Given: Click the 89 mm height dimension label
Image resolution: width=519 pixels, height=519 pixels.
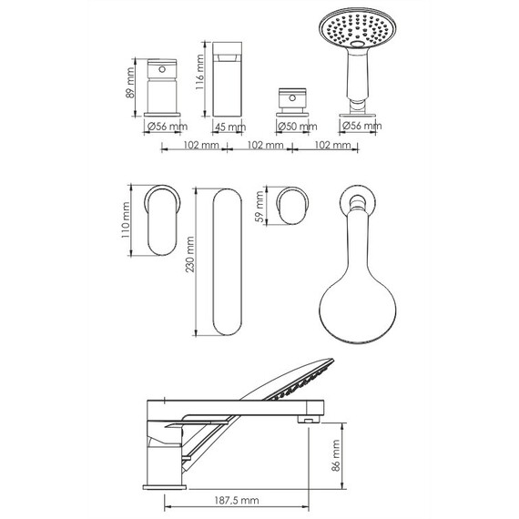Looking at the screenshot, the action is click(x=130, y=83).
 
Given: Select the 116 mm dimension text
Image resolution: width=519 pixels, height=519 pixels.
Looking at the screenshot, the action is click(x=199, y=72).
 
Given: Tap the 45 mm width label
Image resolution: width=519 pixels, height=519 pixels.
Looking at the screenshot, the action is click(x=230, y=127).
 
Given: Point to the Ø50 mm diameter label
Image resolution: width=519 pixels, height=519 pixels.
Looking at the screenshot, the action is click(x=297, y=127).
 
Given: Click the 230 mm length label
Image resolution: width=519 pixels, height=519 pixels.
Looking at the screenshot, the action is click(x=189, y=254).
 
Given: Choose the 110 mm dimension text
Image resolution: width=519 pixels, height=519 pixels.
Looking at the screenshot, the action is click(x=126, y=220).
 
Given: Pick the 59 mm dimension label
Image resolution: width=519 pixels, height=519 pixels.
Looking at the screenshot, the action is click(x=260, y=207).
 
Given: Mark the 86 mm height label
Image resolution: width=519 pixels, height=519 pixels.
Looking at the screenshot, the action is click(x=336, y=455).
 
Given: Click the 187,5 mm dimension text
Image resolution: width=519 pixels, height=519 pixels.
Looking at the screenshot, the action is click(x=237, y=500).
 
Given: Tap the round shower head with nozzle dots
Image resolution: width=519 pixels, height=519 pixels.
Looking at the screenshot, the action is click(x=358, y=29).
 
